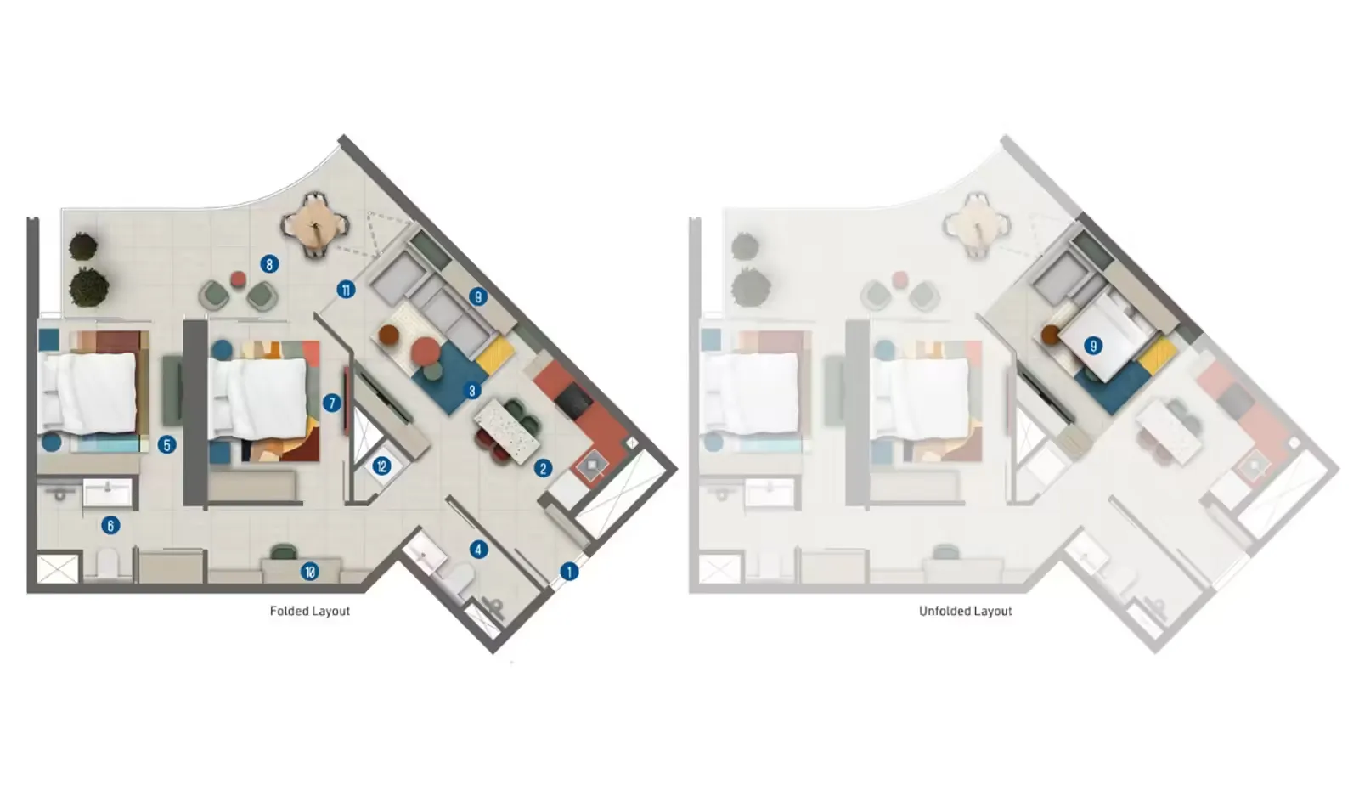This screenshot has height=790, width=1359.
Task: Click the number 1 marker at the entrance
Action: pyautogui.click(x=569, y=572)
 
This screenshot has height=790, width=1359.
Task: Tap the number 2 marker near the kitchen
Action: pyautogui.click(x=543, y=468)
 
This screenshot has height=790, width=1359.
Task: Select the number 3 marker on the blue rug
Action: pyautogui.click(x=472, y=390)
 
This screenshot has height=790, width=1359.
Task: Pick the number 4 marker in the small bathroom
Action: pyautogui.click(x=479, y=550)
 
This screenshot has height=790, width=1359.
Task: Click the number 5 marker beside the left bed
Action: pyautogui.click(x=166, y=445)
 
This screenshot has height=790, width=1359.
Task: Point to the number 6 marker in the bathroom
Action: pyautogui.click(x=110, y=525)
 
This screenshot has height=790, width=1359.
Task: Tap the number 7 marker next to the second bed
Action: pyautogui.click(x=331, y=403)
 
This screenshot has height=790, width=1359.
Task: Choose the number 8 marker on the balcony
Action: pyautogui.click(x=269, y=264)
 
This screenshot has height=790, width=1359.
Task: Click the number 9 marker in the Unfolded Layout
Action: pyautogui.click(x=1093, y=346)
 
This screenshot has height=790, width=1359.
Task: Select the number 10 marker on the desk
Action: pyautogui.click(x=310, y=572)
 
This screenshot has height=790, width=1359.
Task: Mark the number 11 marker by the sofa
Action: pyautogui.click(x=346, y=290)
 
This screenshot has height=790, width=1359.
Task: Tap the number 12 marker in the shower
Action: pyautogui.click(x=381, y=466)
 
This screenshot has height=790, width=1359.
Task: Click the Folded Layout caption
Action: pyautogui.click(x=310, y=611)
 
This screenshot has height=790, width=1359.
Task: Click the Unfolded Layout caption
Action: pyautogui.click(x=965, y=611)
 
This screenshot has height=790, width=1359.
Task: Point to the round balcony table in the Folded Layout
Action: pyautogui.click(x=315, y=226)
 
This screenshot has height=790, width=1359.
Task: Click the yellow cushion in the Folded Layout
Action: pyautogui.click(x=495, y=356)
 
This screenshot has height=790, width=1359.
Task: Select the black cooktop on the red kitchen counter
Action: pyautogui.click(x=573, y=400)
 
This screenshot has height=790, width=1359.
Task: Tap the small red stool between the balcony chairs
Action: pyautogui.click(x=239, y=279)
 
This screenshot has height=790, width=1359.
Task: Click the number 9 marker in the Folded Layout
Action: pyautogui.click(x=478, y=296)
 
